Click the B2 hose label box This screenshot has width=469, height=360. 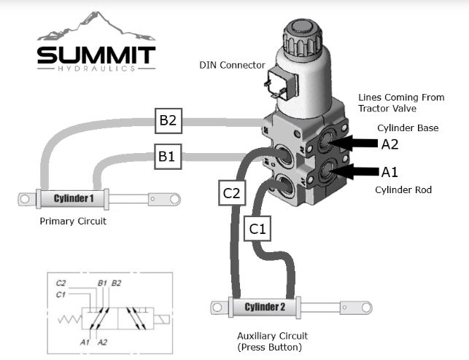168,120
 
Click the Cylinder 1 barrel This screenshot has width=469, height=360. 73,198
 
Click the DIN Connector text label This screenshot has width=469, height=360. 232,65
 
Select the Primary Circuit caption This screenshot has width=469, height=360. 73,222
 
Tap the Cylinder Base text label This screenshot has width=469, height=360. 408,128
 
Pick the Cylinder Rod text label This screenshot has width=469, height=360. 404,190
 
